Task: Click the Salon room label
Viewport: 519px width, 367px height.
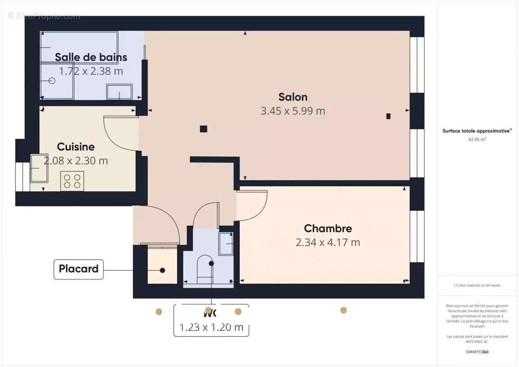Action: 293,97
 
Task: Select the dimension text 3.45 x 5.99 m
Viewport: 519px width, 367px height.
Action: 293,111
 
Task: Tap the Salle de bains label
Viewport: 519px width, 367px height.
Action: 91,57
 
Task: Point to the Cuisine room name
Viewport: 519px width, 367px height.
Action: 76,147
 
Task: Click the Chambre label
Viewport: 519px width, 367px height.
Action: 328,228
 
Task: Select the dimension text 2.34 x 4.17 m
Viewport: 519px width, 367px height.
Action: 328,243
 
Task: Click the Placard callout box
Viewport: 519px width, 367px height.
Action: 79,269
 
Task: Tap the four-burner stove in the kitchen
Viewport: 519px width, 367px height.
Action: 72,180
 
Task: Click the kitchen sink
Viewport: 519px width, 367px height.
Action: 39,168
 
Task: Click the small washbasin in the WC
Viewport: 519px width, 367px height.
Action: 226,244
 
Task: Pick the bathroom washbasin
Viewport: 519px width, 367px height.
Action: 119,92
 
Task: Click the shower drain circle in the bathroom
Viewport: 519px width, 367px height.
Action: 51,80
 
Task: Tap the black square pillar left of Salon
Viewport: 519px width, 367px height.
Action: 203,129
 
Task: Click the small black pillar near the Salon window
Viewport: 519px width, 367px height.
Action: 389,116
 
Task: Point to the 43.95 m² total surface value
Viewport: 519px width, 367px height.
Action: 476,139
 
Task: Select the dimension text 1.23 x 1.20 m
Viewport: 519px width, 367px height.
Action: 211,328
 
